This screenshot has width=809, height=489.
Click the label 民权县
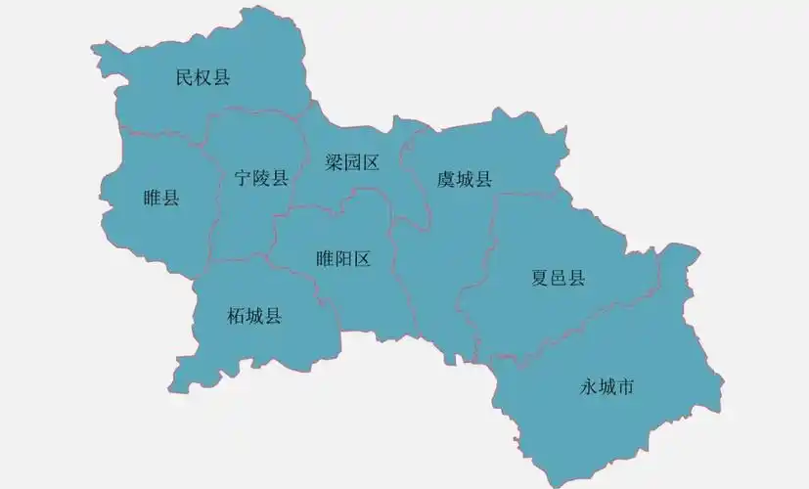pyautogui.click(x=202, y=77)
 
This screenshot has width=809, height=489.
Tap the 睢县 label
pyautogui.click(x=160, y=198)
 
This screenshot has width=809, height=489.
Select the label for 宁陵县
pyautogui.click(x=261, y=178)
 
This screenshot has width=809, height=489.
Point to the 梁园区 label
pyautogui.click(x=352, y=163)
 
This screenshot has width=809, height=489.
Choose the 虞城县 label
pyautogui.click(x=464, y=179)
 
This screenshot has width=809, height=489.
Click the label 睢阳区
pyautogui.click(x=343, y=259)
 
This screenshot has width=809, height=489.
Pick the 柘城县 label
pyautogui.click(x=253, y=316)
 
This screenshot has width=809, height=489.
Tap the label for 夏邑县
pyautogui.click(x=558, y=278)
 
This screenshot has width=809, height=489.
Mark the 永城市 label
pyautogui.click(x=607, y=387)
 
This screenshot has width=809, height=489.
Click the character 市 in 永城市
pyautogui.click(x=625, y=387)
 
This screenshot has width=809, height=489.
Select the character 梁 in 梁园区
pyautogui.click(x=335, y=163)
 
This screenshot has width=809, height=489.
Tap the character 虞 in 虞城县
pyautogui.click(x=446, y=179)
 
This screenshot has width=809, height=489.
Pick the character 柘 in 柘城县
pyautogui.click(x=236, y=316)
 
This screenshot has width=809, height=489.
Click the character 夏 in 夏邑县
pyautogui.click(x=540, y=278)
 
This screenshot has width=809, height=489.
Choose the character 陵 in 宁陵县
pyautogui.click(x=261, y=178)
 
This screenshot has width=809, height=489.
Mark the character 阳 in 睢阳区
pyautogui.click(x=343, y=259)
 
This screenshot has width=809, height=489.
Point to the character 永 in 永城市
pyautogui.click(x=589, y=387)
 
